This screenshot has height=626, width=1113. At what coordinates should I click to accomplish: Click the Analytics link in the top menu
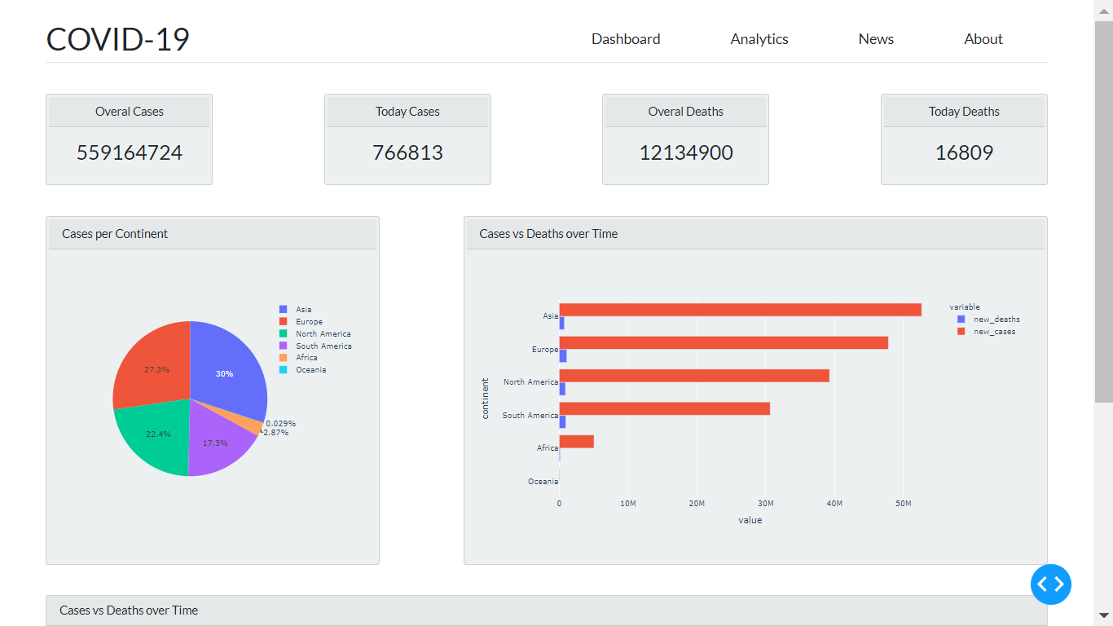(x=759, y=39)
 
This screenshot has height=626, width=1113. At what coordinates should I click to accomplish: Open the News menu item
(x=876, y=39)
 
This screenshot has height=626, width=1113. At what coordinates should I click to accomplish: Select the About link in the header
(x=983, y=39)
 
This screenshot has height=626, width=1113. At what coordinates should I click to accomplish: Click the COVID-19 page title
(x=118, y=39)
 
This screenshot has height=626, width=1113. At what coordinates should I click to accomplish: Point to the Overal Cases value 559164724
(x=130, y=152)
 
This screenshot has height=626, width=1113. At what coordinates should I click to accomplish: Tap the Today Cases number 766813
(x=407, y=152)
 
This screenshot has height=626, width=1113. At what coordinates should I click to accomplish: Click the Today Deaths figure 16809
(x=964, y=152)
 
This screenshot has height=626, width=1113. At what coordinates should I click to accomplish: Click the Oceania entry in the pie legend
(x=310, y=370)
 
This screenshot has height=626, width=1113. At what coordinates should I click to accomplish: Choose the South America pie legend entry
(x=323, y=346)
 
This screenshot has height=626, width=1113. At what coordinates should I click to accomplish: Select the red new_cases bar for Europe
(x=724, y=343)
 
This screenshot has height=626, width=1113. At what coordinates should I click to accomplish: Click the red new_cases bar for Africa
(x=577, y=442)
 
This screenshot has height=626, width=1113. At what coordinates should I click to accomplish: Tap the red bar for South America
(x=664, y=408)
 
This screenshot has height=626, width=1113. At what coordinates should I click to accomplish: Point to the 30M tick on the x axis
(x=765, y=504)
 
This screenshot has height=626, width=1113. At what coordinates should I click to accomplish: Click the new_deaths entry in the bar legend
(x=996, y=320)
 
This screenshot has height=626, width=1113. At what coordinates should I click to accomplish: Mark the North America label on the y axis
(x=530, y=382)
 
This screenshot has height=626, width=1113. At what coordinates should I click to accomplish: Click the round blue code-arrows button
(x=1051, y=584)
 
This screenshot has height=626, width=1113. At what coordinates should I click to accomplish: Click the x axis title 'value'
(x=750, y=520)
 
